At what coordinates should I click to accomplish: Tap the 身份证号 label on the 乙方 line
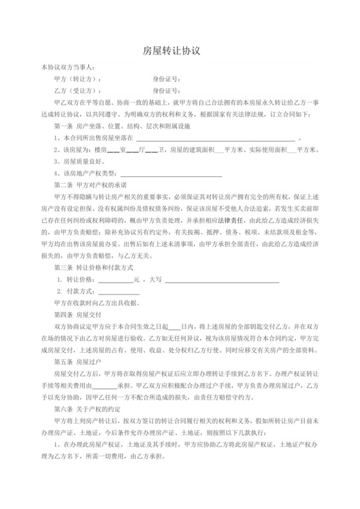coord(166,92)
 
